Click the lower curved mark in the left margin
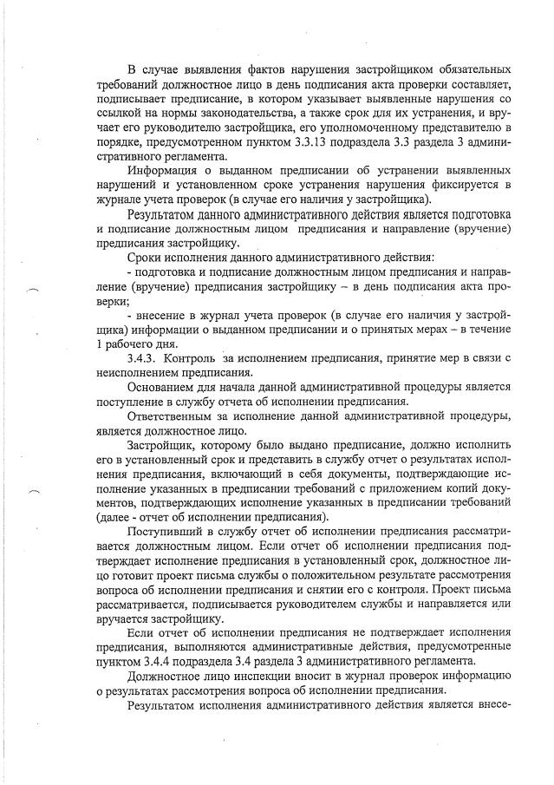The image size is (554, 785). [34, 489]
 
